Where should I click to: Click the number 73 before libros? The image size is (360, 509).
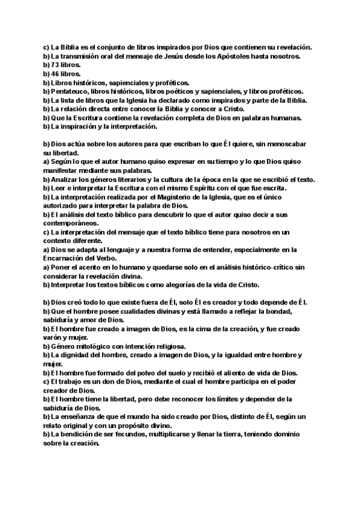tap(54, 65)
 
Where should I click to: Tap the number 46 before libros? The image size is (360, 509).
tap(54, 74)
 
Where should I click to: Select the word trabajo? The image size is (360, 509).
tap(72, 382)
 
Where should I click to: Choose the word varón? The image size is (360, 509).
tap(55, 337)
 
